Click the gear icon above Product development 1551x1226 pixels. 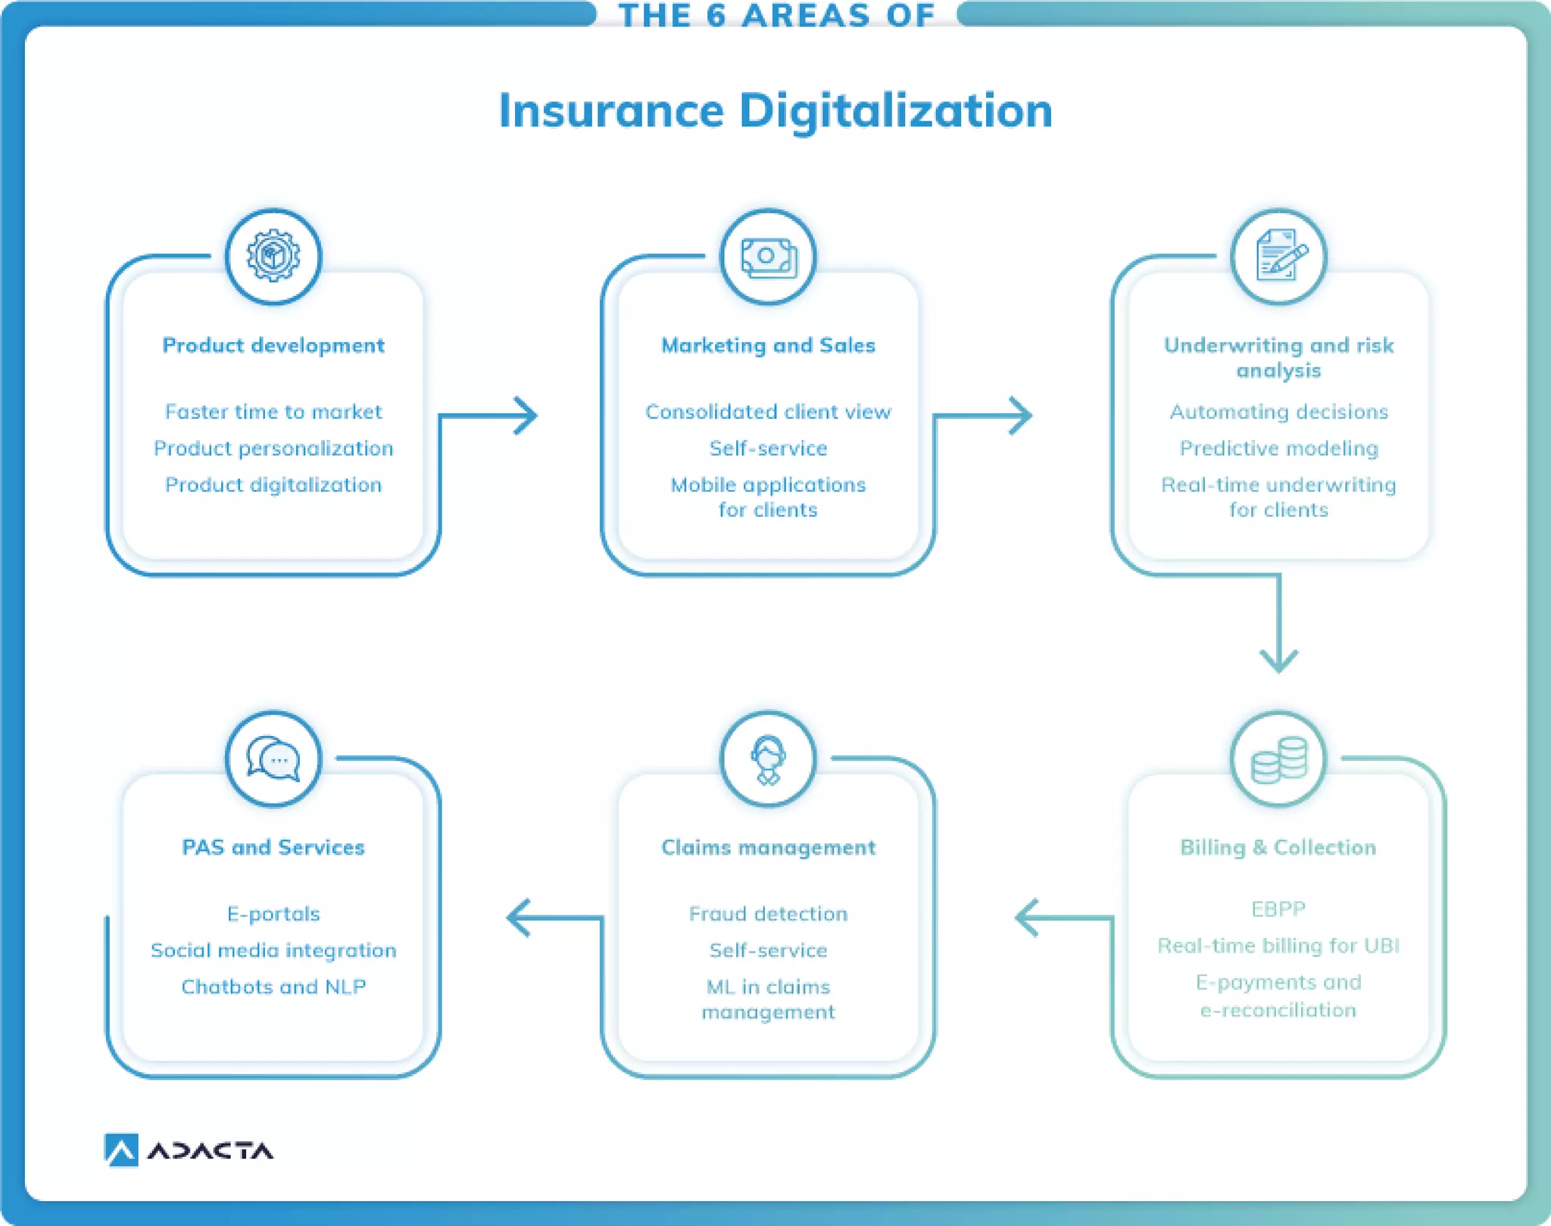coord(273,257)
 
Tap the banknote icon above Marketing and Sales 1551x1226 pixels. coord(768,257)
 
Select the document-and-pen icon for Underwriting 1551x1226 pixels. coord(1279,257)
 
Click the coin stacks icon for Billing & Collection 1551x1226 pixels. coord(1279,759)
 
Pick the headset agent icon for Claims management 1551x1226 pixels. coord(768,759)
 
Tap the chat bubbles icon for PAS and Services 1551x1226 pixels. coord(273,759)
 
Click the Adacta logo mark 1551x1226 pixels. coord(121,1150)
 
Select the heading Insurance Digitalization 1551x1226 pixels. coord(775,111)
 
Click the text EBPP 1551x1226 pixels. coord(1278,909)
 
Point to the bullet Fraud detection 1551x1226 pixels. coord(768,914)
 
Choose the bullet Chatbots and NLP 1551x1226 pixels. coord(273,987)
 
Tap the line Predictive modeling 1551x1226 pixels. coord(1278,448)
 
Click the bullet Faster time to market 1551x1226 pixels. coord(273,412)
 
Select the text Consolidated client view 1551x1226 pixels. coord(768,412)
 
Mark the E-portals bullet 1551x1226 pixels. coord(273,914)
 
